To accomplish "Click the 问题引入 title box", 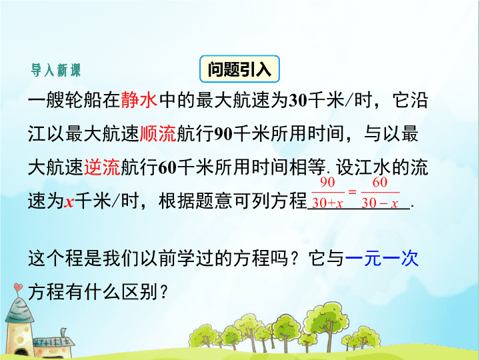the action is [x=239, y=69].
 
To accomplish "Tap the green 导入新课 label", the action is [x=56, y=70].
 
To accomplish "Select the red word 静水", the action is [x=139, y=100].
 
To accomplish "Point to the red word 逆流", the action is [x=102, y=167].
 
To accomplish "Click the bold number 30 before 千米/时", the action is [x=298, y=101].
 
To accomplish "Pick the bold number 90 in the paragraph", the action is [x=223, y=134].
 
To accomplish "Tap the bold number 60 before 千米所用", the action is [x=167, y=168].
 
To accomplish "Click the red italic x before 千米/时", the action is [x=69, y=203].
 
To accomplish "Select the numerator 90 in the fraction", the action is [x=327, y=183].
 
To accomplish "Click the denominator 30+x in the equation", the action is [x=327, y=203].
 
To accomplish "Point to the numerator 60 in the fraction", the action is [x=380, y=183].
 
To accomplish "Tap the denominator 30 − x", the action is [x=379, y=203].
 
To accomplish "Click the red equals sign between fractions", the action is [x=353, y=192].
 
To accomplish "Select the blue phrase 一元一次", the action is [x=382, y=259].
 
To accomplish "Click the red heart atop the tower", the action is [x=18, y=287].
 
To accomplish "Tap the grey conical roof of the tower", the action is [x=19, y=311].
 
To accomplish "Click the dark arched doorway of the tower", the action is [x=20, y=353].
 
